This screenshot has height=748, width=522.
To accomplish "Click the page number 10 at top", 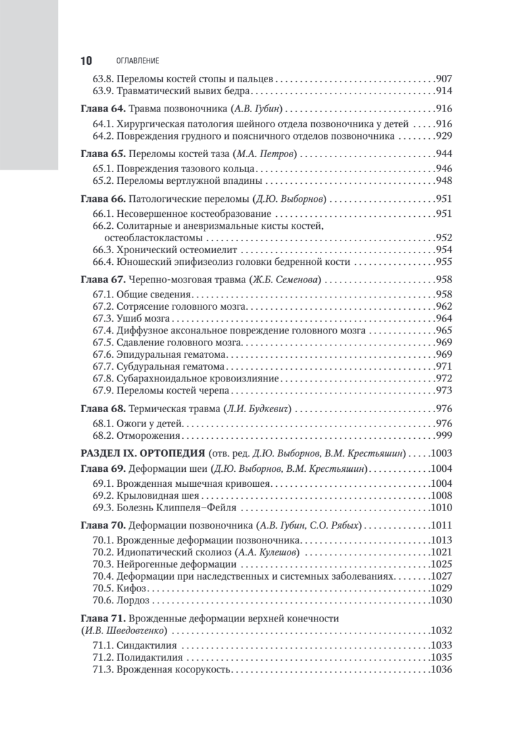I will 86,60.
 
